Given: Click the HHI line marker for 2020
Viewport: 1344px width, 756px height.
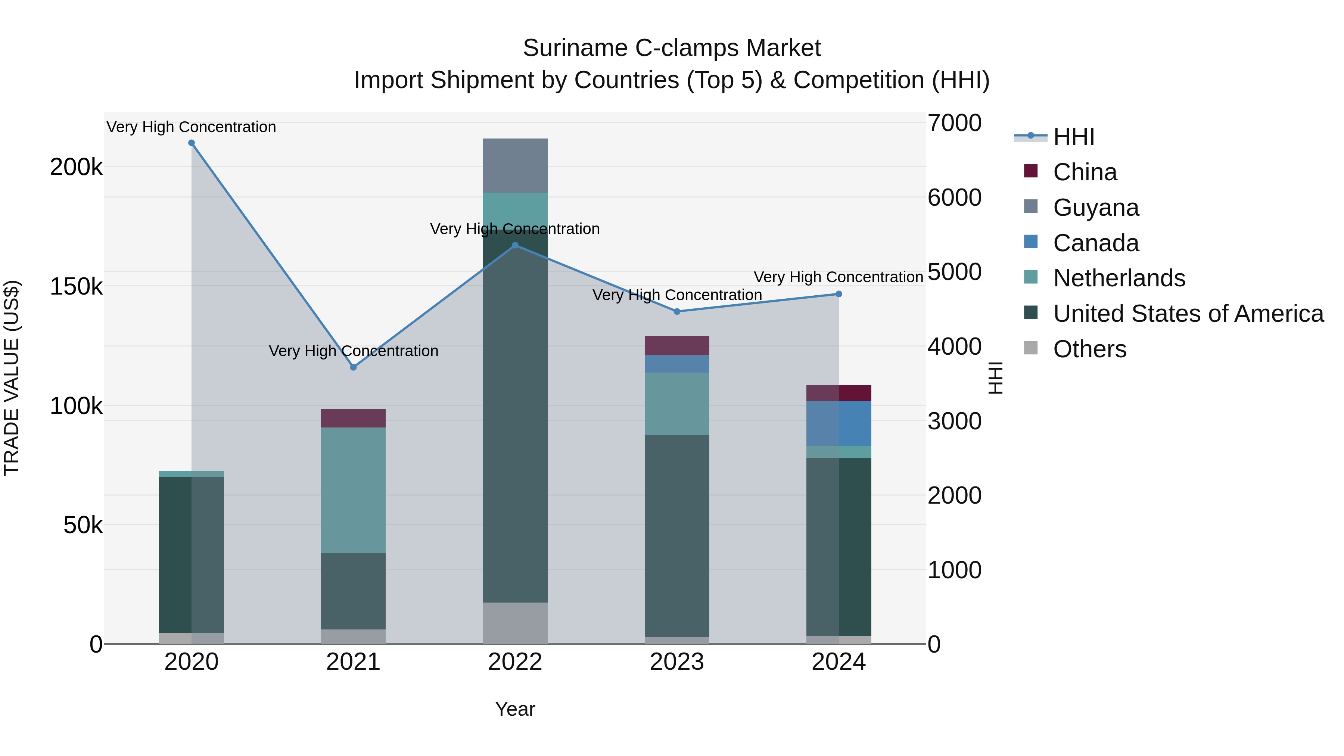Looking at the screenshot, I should (x=192, y=143).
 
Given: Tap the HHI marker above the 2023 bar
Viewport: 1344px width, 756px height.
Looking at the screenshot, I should (x=677, y=311).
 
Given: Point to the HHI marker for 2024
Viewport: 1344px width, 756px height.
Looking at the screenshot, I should (x=839, y=294).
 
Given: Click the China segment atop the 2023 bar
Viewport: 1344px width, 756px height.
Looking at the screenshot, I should (x=677, y=345).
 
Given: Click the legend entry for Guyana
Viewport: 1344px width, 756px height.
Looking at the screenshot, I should (x=1096, y=208).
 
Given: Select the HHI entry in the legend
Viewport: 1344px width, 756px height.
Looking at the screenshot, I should (x=1073, y=137).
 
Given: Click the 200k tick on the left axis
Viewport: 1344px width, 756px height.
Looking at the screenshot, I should (x=76, y=168).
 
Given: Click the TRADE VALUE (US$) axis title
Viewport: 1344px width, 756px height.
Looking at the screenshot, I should (x=12, y=378).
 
